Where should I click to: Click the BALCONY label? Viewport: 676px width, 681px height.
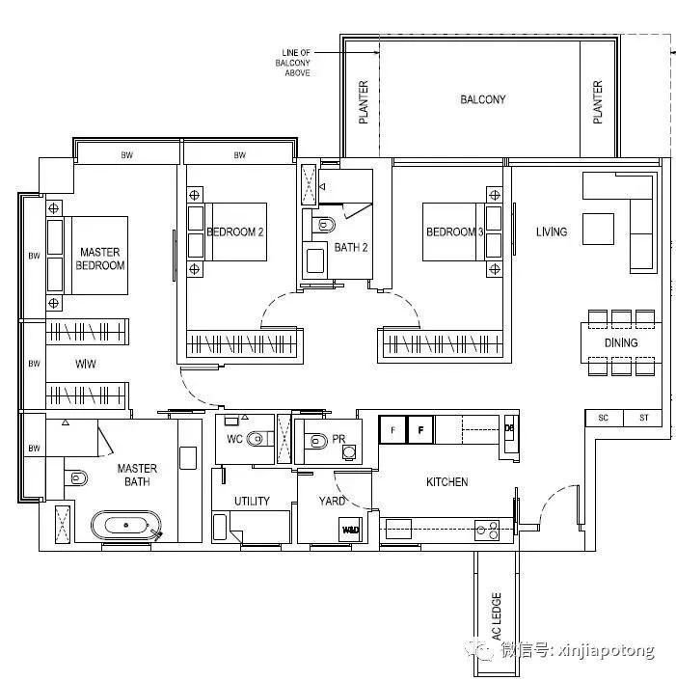[483, 99]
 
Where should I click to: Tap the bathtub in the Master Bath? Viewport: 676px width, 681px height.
[126, 525]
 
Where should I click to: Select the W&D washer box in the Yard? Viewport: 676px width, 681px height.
[350, 530]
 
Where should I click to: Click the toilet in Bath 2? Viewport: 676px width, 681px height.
[324, 225]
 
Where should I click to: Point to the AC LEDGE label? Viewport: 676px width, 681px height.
[497, 616]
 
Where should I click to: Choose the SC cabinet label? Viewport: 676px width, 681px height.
[603, 418]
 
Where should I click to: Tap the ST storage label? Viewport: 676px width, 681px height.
[643, 418]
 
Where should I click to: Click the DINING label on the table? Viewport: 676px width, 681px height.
[621, 342]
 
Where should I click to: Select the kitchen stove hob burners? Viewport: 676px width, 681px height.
[487, 531]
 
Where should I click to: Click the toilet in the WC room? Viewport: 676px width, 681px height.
[257, 439]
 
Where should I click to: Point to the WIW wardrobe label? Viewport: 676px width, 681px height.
[86, 364]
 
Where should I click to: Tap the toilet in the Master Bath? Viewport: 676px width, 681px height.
[76, 478]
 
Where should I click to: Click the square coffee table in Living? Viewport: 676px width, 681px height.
[598, 229]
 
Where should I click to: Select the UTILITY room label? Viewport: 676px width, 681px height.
[252, 502]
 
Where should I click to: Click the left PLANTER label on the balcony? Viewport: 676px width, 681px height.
[364, 102]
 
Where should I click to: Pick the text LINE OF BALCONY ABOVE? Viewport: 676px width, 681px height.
[293, 63]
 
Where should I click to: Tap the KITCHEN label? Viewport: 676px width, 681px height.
[447, 482]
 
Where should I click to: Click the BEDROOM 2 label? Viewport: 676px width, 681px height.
[235, 232]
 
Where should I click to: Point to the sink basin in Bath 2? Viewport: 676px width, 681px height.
[315, 260]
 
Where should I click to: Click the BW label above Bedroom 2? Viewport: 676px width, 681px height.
[240, 155]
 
